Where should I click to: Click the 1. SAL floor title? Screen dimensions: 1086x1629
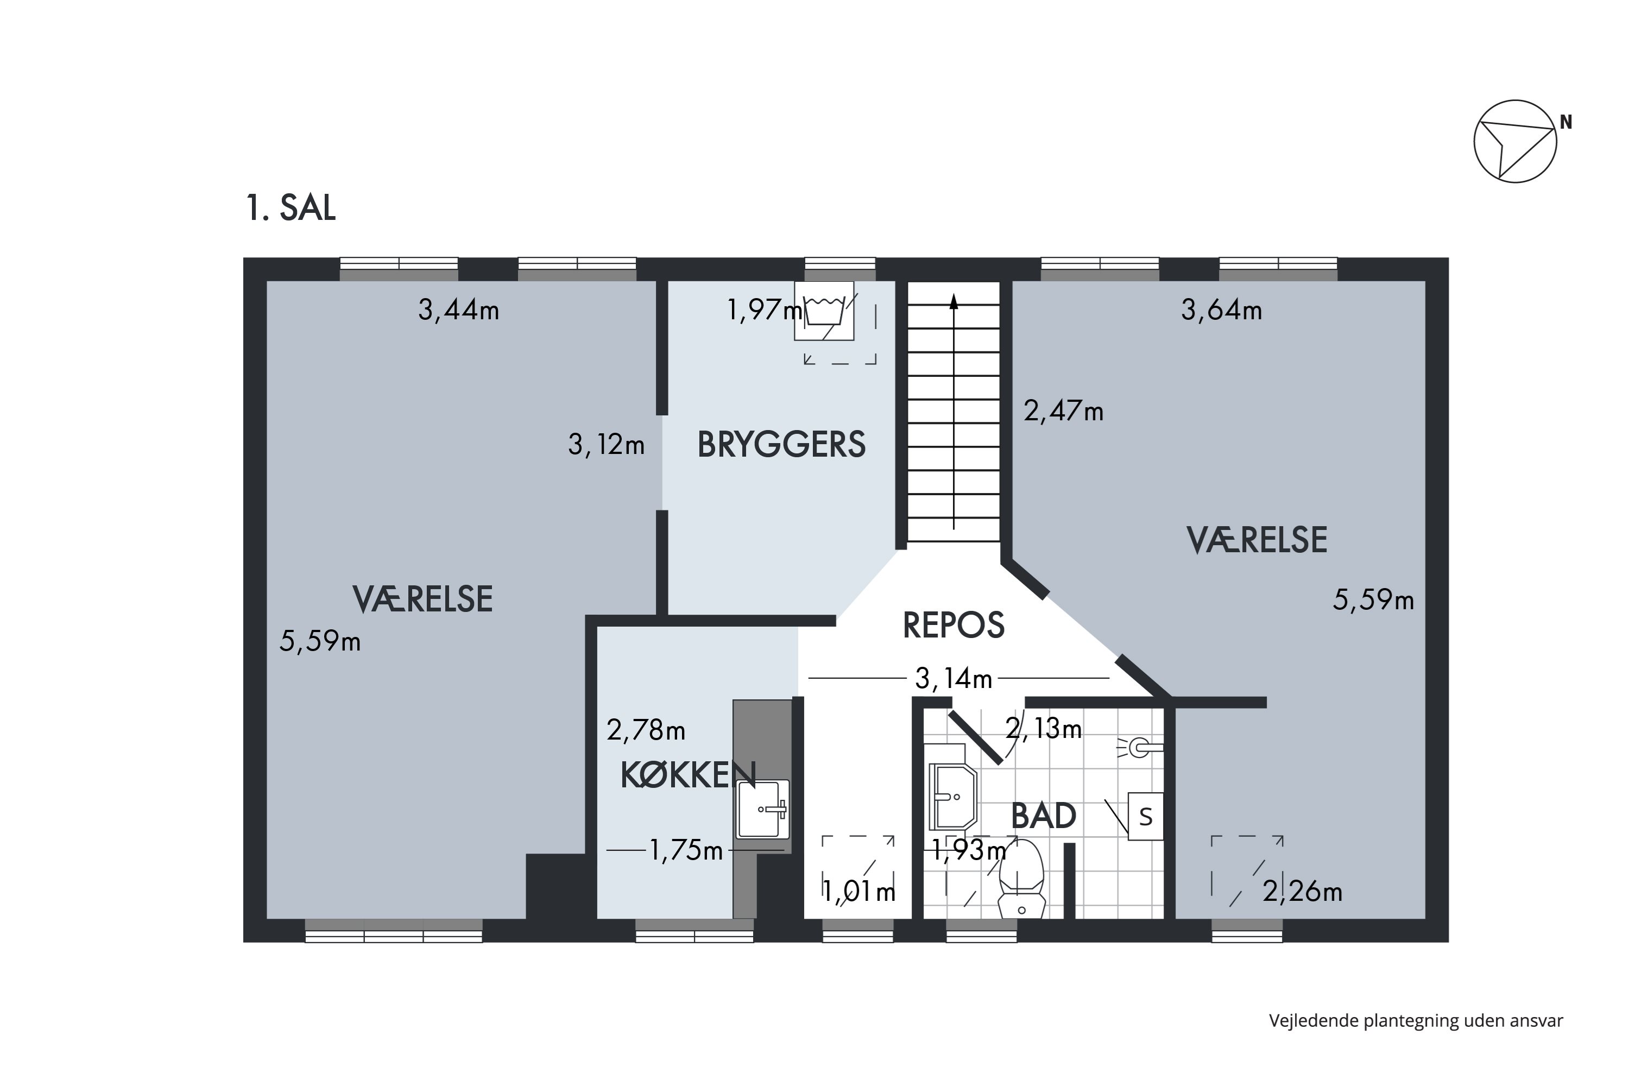click(x=291, y=208)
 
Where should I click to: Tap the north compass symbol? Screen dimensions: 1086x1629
click(x=1515, y=141)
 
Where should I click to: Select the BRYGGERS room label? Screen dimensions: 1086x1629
click(x=781, y=445)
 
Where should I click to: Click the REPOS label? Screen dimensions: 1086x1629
click(x=953, y=626)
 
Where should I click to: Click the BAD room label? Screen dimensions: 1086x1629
click(x=1043, y=816)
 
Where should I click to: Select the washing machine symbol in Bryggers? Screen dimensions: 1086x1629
click(x=824, y=311)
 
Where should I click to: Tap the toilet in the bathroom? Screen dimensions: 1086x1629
click(x=1021, y=880)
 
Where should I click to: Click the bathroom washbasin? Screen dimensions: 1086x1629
click(x=952, y=797)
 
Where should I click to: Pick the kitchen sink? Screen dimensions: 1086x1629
click(x=762, y=809)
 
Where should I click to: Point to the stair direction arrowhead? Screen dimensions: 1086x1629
click(x=954, y=301)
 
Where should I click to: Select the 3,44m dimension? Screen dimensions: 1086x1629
click(x=458, y=310)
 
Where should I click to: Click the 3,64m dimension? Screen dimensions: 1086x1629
click(x=1221, y=310)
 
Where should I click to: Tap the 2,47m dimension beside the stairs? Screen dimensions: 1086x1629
click(x=1063, y=412)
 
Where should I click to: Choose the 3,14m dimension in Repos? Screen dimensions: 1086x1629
click(x=953, y=679)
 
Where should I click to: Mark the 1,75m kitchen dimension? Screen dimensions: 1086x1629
click(x=686, y=850)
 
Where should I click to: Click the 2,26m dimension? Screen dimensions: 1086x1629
click(x=1302, y=892)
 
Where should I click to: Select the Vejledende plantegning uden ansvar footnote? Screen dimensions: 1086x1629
click(x=1416, y=1020)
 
